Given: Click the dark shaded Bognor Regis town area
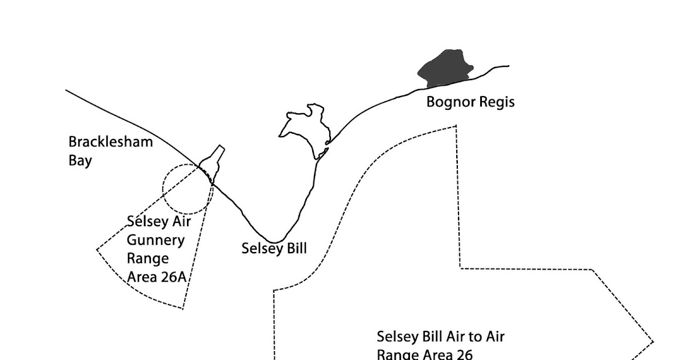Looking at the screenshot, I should (445, 67).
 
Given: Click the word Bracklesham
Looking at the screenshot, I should (110, 142).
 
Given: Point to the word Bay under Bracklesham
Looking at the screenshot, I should (80, 160).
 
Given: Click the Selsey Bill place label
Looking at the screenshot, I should (274, 249).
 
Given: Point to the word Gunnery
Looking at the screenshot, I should (155, 240).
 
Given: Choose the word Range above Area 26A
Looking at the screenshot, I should (147, 258).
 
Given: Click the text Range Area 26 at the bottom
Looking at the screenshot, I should (424, 354).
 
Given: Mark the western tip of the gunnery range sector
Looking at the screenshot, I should (97, 249).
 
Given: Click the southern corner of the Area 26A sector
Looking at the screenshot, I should (182, 309).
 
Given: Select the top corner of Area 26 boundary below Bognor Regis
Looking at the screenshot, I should (456, 126).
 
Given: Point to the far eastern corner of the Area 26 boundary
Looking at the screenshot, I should (653, 342).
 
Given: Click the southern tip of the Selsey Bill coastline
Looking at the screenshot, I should (276, 242).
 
